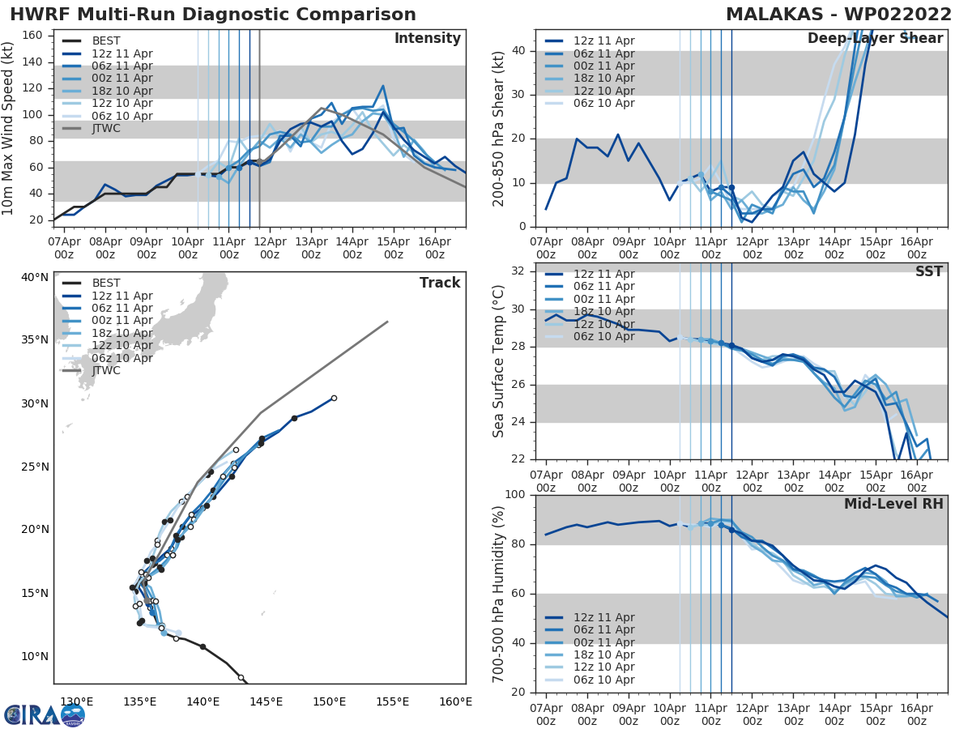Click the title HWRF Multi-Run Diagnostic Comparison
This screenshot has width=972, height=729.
click(x=213, y=15)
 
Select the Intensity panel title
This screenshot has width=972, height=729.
click(x=427, y=39)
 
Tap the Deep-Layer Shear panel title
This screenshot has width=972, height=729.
click(x=875, y=39)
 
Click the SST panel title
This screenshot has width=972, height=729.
click(x=928, y=271)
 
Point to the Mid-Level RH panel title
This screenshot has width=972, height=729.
click(x=893, y=504)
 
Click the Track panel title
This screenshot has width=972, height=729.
click(x=440, y=283)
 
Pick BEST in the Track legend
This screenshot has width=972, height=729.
click(x=106, y=283)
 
